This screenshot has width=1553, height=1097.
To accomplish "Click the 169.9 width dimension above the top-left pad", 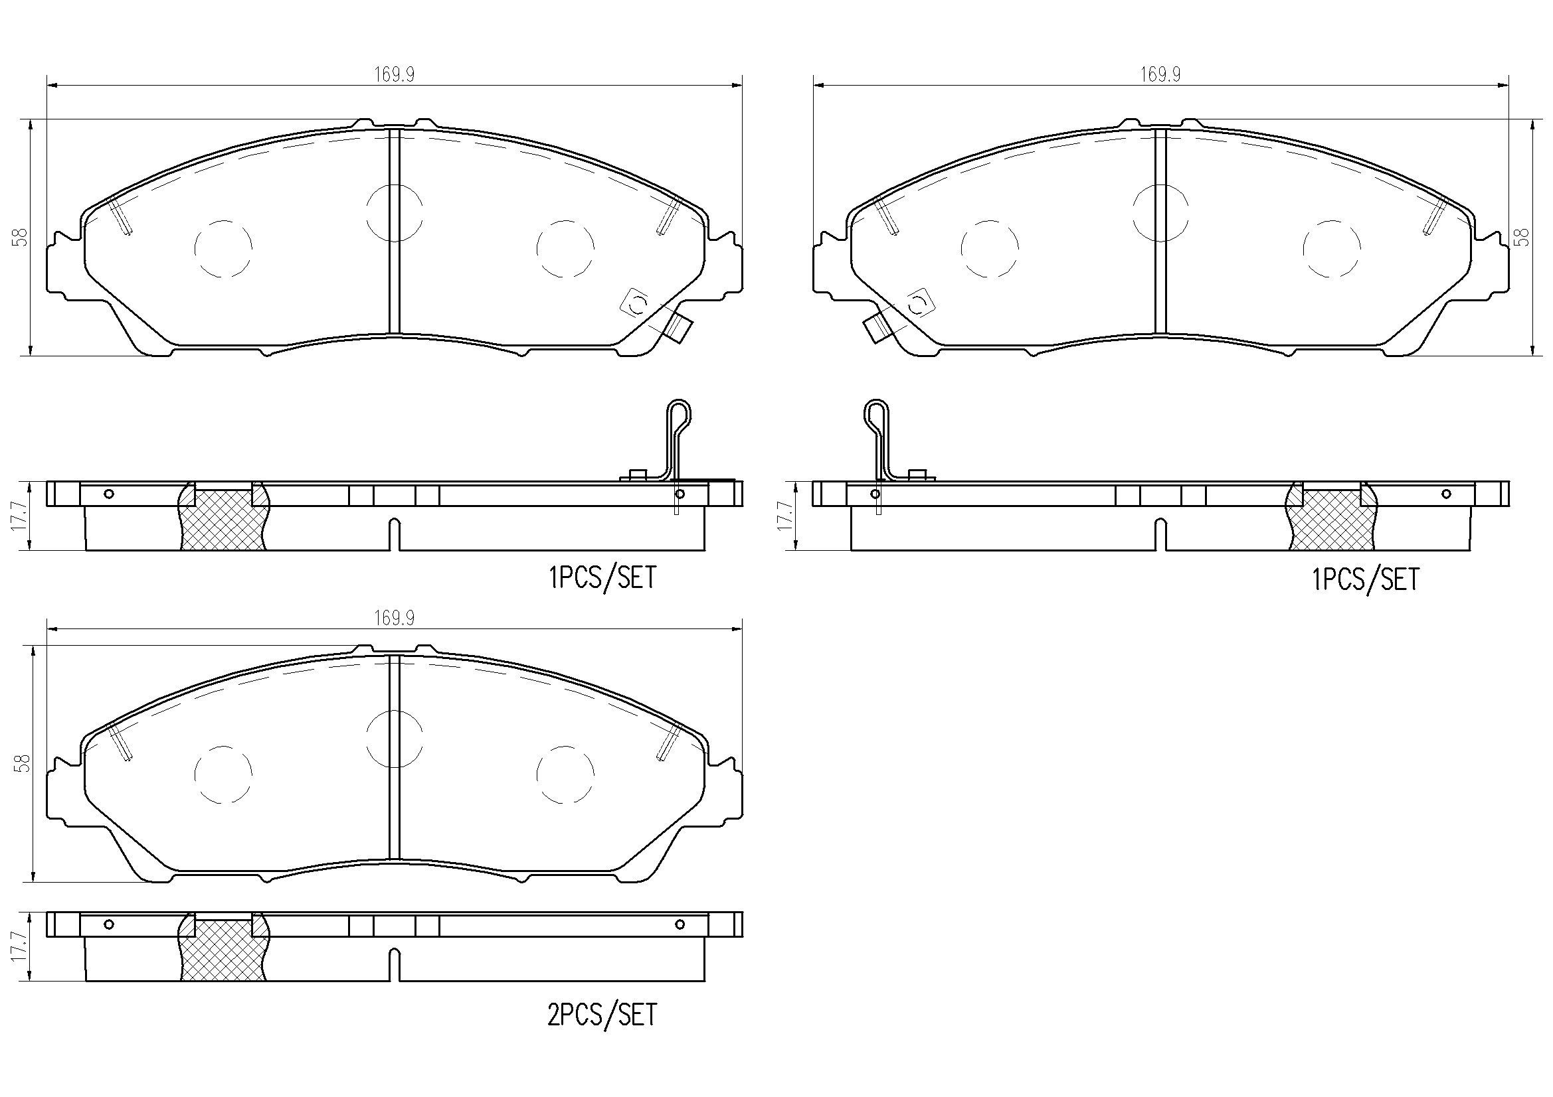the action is click(x=395, y=74).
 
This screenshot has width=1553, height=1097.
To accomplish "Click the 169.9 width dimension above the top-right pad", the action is click(x=1160, y=74).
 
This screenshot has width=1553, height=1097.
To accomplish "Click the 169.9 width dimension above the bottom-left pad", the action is click(x=395, y=618).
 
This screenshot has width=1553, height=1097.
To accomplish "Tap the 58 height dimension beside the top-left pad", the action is click(x=23, y=237).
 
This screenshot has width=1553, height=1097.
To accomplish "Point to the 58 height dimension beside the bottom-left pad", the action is click(x=23, y=764).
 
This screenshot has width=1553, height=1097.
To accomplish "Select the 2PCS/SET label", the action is click(x=602, y=1014).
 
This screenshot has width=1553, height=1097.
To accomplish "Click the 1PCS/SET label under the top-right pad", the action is click(x=1366, y=580).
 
